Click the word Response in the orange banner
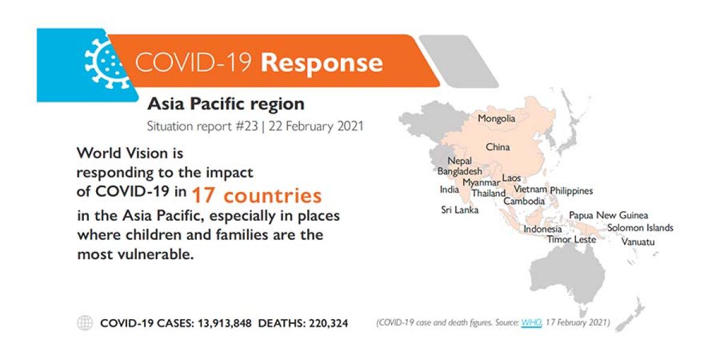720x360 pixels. [322, 62]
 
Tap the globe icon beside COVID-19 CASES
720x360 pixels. [85, 323]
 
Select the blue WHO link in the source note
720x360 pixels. [532, 322]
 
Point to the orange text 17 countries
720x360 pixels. [257, 196]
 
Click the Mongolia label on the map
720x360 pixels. [496, 119]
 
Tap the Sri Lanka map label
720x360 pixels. [460, 210]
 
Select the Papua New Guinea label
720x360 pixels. [608, 215]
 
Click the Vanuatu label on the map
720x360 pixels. [638, 241]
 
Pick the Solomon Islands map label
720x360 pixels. [640, 227]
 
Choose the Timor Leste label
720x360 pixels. [571, 239]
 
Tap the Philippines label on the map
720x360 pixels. [571, 191]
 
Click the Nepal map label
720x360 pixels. [460, 161]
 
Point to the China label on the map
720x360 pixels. [497, 147]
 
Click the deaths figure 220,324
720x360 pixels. [328, 323]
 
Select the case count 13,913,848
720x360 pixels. [224, 323]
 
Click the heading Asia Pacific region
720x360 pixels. [226, 104]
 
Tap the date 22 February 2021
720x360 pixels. [316, 127]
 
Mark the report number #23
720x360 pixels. [247, 127]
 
